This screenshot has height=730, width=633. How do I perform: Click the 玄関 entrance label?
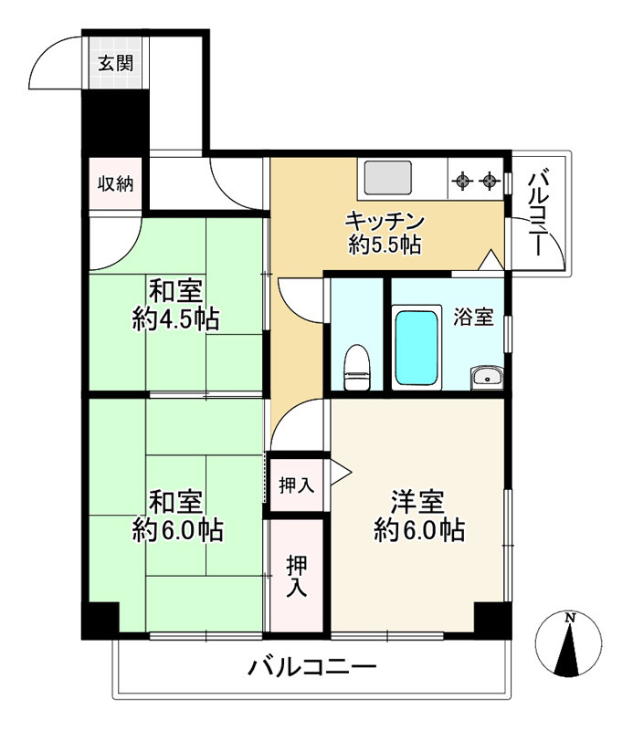click(116, 64)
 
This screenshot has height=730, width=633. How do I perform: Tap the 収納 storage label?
click(116, 182)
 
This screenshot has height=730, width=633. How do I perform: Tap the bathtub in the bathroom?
click(417, 347)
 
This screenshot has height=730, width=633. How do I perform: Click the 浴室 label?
click(473, 317)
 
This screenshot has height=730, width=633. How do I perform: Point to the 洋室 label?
click(418, 501)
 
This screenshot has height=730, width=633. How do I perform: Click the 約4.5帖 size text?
click(175, 319)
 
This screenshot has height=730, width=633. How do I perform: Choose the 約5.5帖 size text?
click(385, 245)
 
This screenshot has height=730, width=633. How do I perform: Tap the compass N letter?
click(570, 618)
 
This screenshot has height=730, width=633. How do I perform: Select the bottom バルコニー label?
click(312, 669)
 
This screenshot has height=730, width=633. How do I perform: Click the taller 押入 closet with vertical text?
click(296, 575)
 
